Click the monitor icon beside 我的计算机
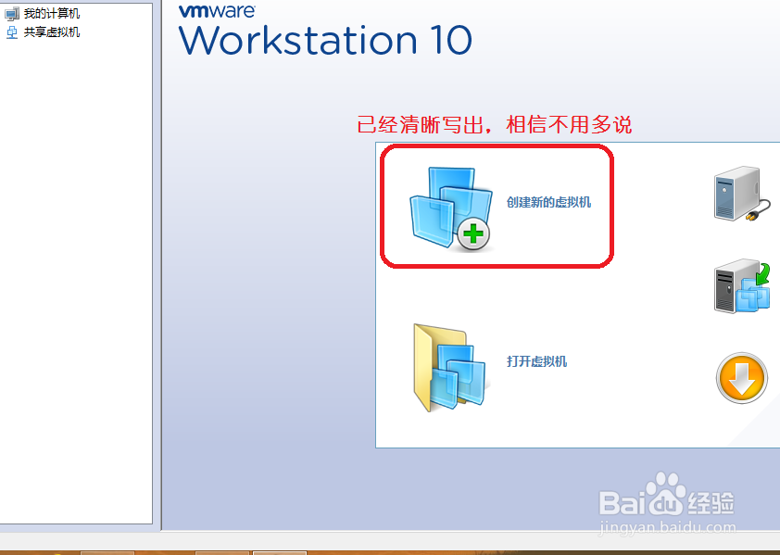coord(12,14)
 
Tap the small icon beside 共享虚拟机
coord(12,32)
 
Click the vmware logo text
coord(217,11)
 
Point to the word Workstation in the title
coord(298,40)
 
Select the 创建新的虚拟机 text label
coord(548,202)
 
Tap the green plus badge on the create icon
coord(473,233)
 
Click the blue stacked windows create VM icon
coord(451,209)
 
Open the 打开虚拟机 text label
coord(536,361)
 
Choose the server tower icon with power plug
coord(742,194)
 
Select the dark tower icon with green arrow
coord(742,286)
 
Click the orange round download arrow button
coord(742,378)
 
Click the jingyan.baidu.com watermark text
coord(667,527)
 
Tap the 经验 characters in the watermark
coord(711,503)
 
